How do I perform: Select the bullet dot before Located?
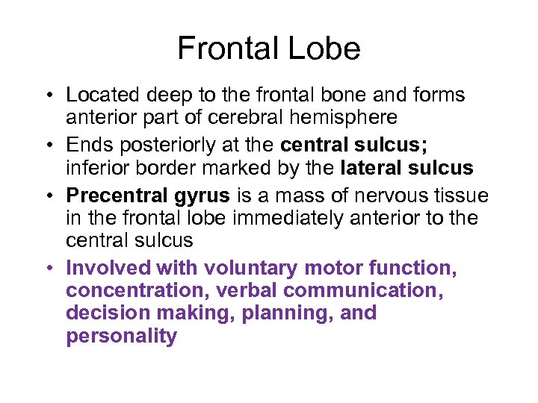47,96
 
